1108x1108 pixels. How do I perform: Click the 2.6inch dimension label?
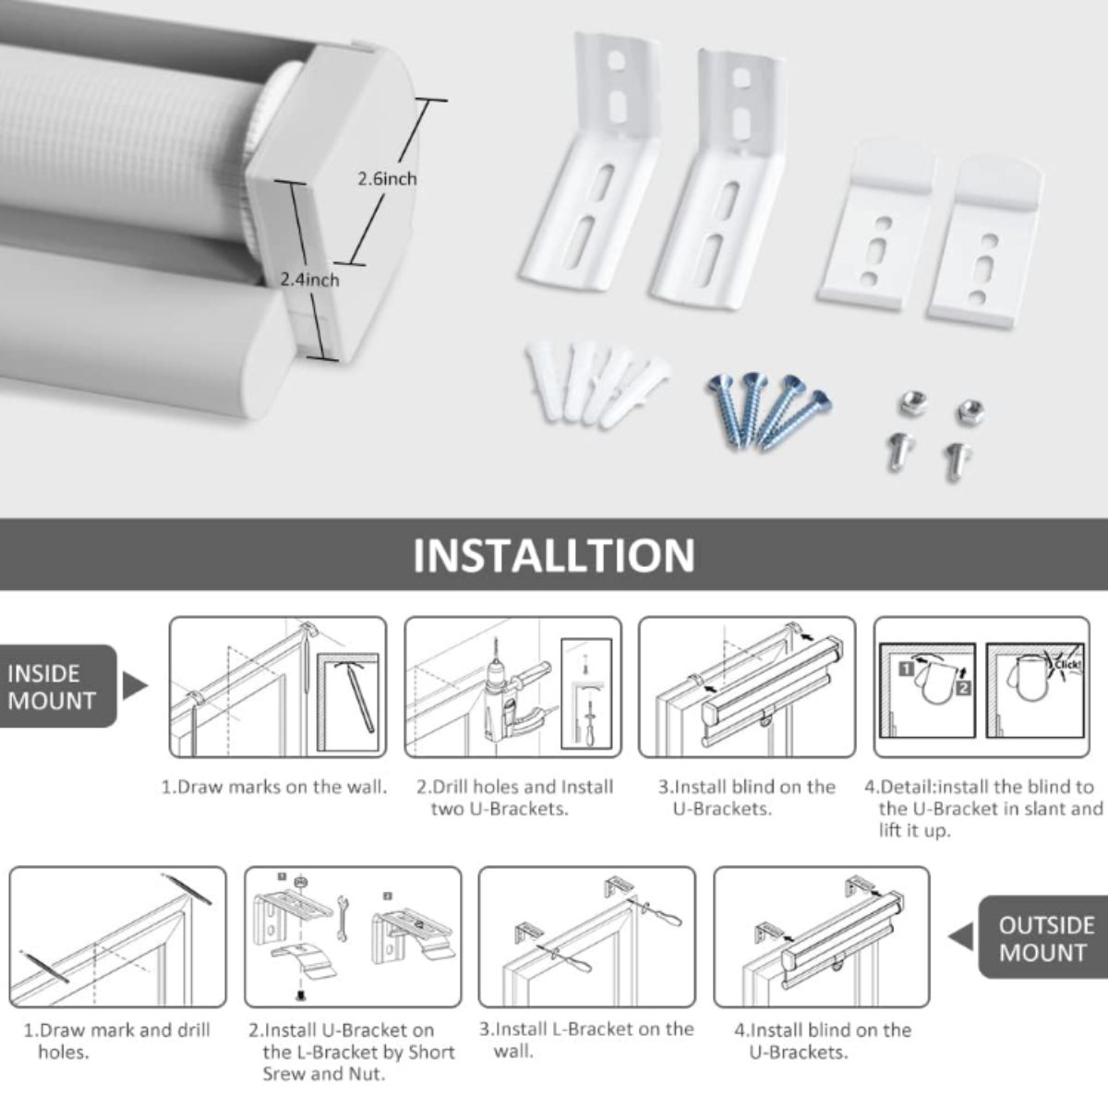point(387,179)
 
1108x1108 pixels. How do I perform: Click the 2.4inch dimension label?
point(309,280)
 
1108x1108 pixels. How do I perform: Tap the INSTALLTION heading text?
point(554,555)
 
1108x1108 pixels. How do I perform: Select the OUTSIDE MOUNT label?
point(1046,939)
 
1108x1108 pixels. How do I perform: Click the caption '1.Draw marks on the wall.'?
point(273,787)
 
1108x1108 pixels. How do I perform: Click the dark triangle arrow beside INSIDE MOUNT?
point(134,686)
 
